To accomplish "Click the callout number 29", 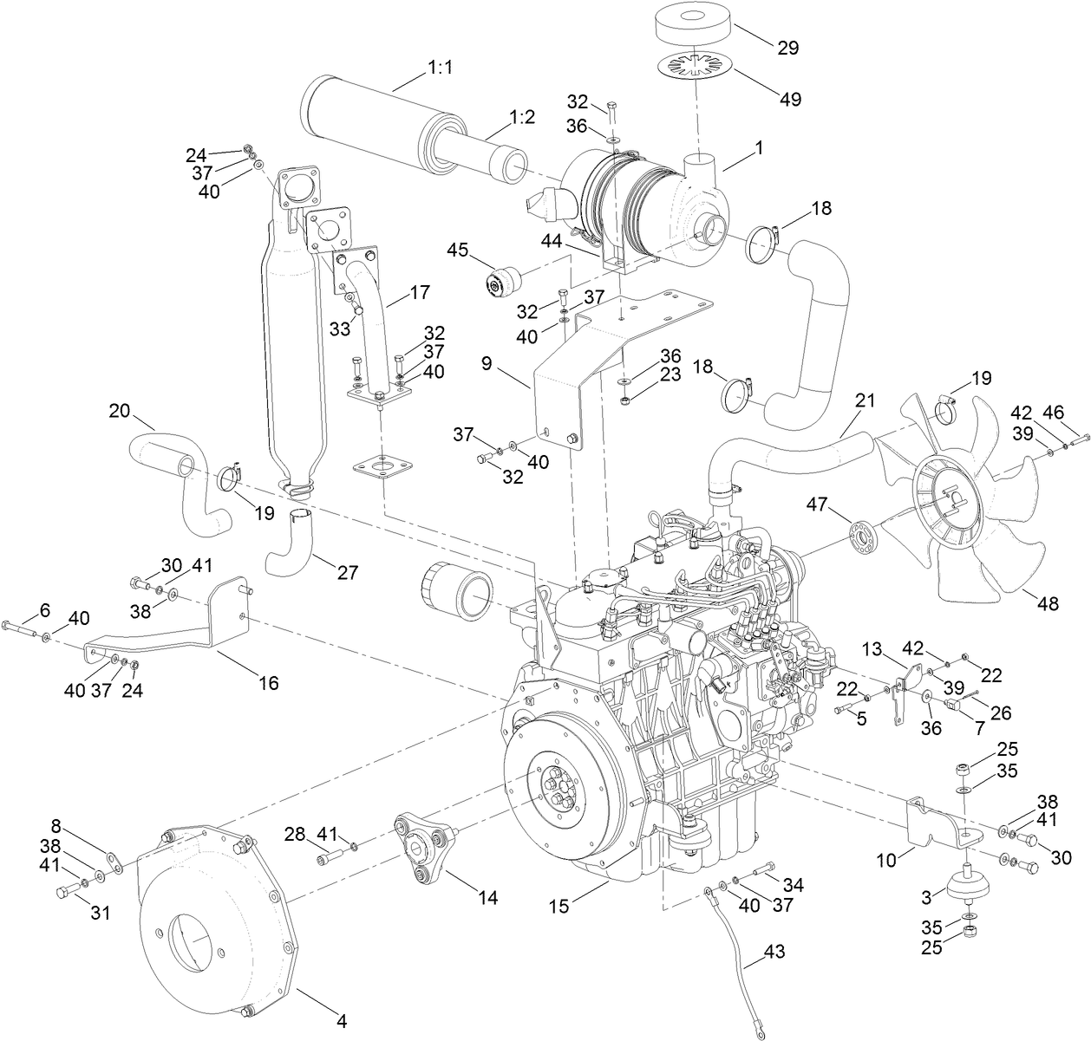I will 787,48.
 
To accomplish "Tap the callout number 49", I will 789,99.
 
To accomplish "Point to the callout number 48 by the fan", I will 1048,603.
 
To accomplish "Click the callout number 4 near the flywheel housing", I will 341,1022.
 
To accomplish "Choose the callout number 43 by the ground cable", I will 776,952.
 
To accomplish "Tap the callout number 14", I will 487,898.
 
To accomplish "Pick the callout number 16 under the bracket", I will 268,683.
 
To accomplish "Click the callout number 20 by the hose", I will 120,410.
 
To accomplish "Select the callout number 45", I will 457,251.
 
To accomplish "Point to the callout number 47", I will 818,504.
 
